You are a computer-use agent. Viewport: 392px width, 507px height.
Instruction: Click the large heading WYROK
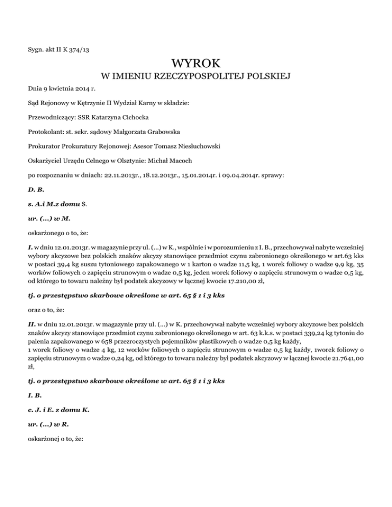tap(196, 64)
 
